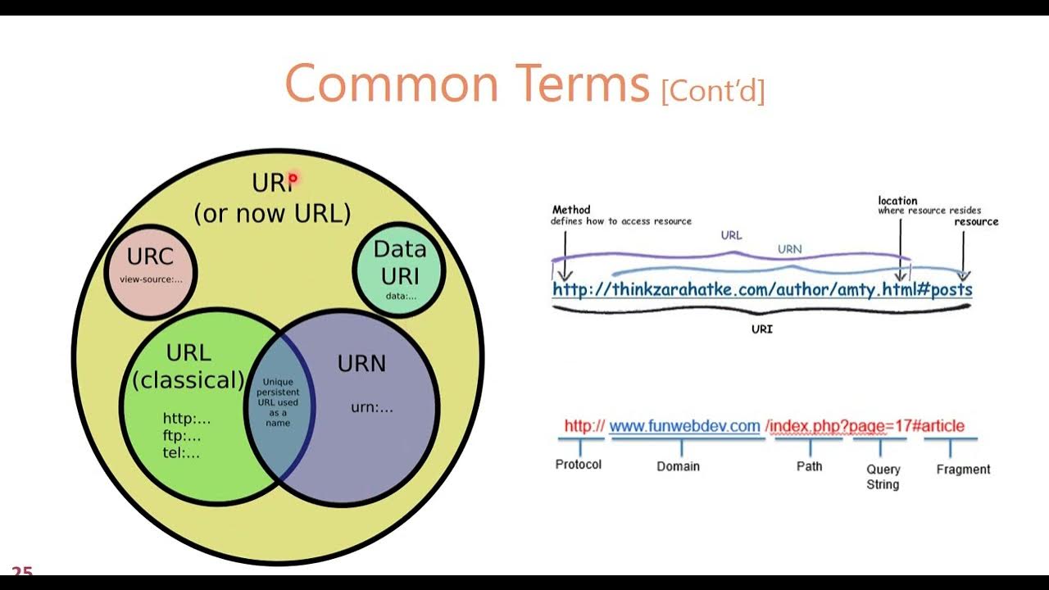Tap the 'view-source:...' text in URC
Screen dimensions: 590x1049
coord(151,279)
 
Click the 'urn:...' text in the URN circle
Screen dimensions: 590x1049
coord(372,406)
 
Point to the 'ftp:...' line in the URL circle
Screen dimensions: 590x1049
coord(181,436)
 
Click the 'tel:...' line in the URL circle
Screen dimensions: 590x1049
coord(181,453)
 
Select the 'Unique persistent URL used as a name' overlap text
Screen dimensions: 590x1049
coord(279,402)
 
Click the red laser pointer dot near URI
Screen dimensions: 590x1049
coord(293,177)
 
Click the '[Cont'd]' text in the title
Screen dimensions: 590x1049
coord(712,90)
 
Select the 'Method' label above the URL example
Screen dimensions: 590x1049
coord(571,210)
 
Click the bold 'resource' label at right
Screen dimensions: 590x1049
coord(976,221)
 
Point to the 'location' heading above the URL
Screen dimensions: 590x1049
coord(897,201)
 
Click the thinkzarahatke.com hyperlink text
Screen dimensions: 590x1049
coord(762,289)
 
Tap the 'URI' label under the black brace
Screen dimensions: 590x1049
coord(762,329)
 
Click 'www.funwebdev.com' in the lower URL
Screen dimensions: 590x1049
coord(684,426)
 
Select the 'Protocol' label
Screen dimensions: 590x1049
coord(579,465)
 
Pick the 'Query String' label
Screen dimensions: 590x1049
coord(883,477)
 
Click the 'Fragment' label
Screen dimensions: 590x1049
coord(963,470)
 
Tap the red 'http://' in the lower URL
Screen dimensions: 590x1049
coord(584,426)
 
